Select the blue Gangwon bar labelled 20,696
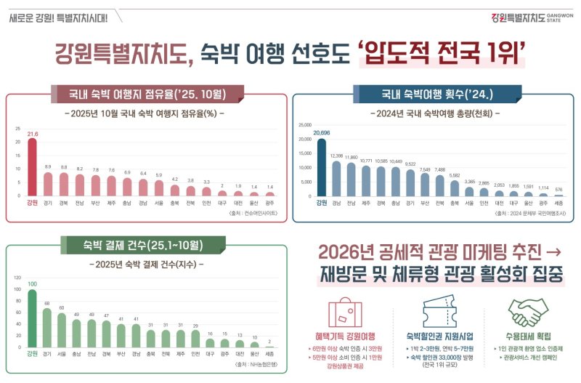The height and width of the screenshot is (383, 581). point(321,167)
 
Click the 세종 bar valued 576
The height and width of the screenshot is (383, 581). point(558,194)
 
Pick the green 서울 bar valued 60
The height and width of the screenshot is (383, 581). point(62,330)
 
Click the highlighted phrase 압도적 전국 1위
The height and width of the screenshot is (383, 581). point(444,53)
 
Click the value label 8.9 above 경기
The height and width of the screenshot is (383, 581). point(47,166)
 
